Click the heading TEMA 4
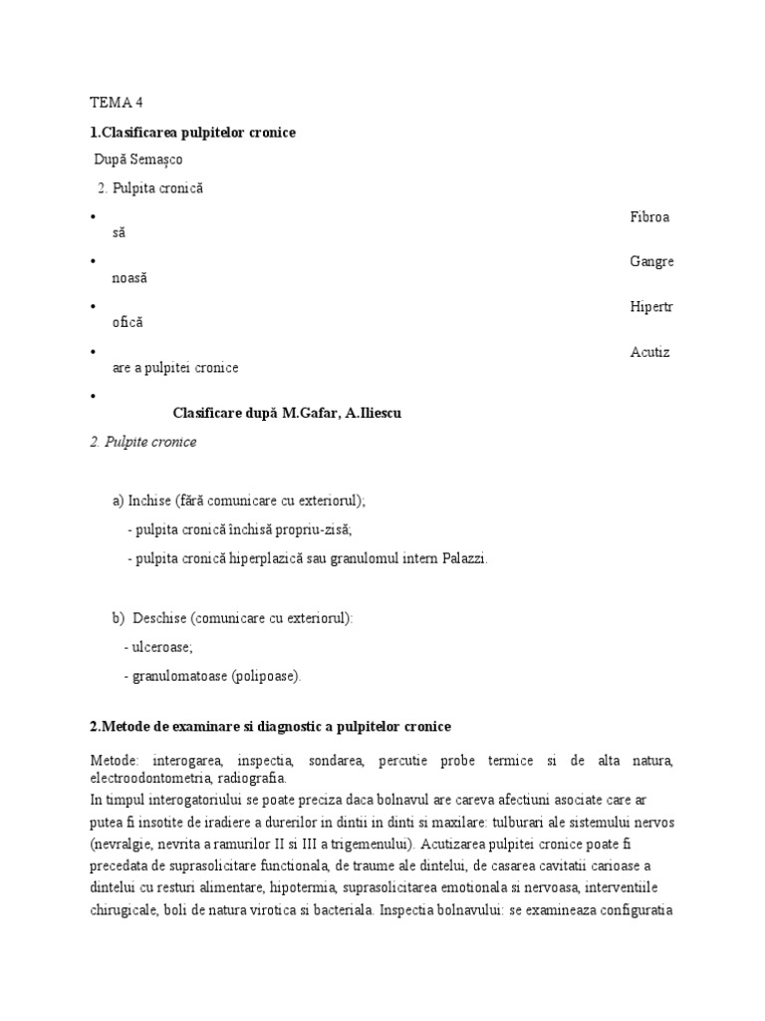point(118,102)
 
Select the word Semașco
point(159,160)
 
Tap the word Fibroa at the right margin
point(650,216)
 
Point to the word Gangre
point(651,261)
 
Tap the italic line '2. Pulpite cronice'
point(143,442)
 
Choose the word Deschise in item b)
point(160,617)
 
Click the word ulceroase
point(164,647)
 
